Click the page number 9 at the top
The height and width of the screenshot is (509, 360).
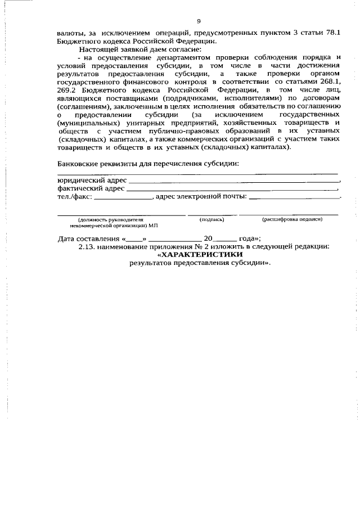[199, 22]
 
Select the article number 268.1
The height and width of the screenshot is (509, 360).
[328, 82]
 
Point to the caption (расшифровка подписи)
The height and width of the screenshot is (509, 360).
[292, 219]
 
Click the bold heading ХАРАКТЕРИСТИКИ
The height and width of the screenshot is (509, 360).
[199, 255]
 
